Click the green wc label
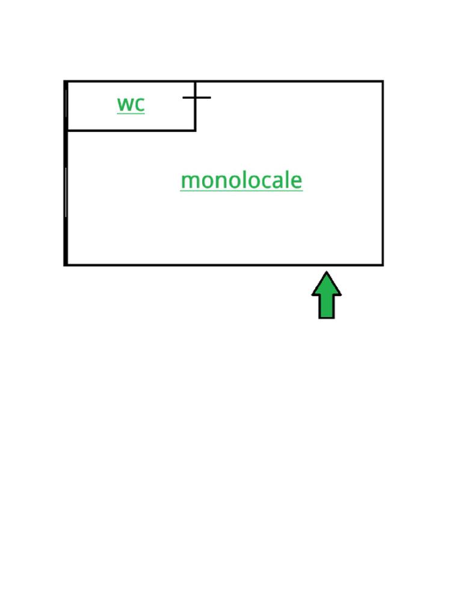coord(131,103)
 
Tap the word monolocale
coord(241,180)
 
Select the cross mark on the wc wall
coord(196,97)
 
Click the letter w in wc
coord(126,103)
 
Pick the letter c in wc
coord(140,104)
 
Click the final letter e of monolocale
coord(297,180)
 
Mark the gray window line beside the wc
coord(66,103)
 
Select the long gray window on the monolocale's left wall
coord(66,192)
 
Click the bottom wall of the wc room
coord(131,130)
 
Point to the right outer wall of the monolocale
coord(383,174)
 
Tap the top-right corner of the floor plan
coord(383,81)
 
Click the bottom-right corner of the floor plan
coord(383,265)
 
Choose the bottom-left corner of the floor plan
coord(66,265)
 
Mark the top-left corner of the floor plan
coord(66,81)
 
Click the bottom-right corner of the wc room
coord(196,130)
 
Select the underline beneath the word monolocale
coord(241,191)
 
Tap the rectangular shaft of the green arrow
coord(326,307)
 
